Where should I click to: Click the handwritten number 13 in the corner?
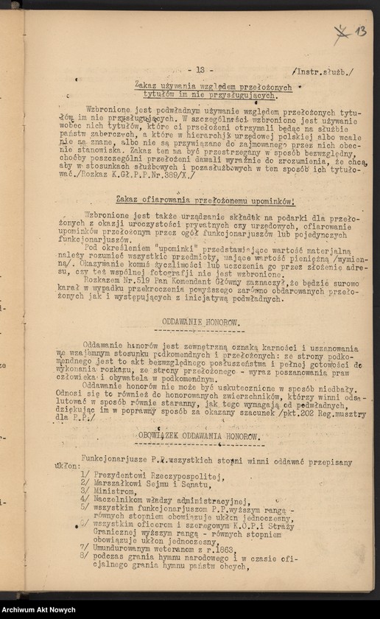point(359,31)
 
